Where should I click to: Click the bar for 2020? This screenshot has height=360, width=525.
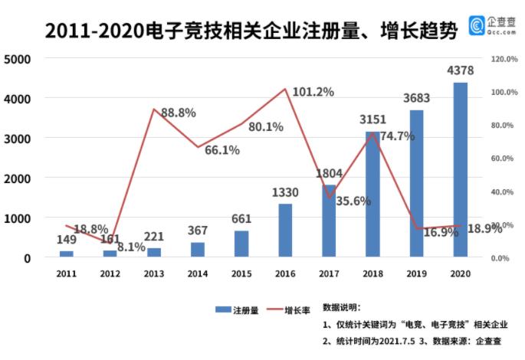(x=460, y=170)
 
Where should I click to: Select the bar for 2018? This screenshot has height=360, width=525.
(x=372, y=195)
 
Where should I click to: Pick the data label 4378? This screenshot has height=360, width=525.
(x=460, y=71)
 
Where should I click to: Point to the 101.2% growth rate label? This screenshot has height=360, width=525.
(x=314, y=92)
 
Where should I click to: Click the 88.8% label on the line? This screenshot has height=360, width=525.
(x=176, y=113)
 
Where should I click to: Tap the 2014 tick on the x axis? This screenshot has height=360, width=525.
(x=198, y=273)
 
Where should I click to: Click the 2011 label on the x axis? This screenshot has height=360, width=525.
(x=67, y=273)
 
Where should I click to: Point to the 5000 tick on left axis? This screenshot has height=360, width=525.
(x=16, y=59)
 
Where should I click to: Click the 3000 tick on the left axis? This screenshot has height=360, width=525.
(x=16, y=139)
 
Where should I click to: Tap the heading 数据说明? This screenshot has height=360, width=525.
(x=346, y=306)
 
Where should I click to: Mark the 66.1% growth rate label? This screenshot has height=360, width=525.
(x=222, y=150)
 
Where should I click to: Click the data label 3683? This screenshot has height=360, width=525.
(x=416, y=98)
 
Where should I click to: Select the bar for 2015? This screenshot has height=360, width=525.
(x=241, y=244)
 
